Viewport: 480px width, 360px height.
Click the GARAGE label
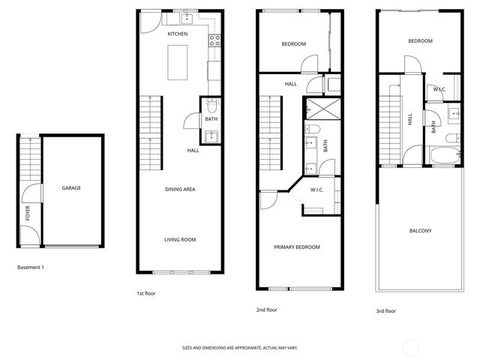(x=71, y=188)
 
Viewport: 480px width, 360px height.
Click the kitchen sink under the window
(x=187, y=19)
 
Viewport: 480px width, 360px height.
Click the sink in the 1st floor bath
(x=211, y=136)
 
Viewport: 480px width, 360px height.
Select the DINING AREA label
(x=180, y=189)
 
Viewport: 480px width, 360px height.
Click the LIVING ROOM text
(x=180, y=240)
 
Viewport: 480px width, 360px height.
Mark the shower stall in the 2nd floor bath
(x=315, y=112)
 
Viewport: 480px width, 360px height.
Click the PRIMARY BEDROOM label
(x=297, y=247)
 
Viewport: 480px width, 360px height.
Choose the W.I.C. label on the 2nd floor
(x=317, y=190)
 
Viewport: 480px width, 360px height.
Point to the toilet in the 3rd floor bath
(x=452, y=138)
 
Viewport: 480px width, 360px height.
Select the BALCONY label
(x=420, y=230)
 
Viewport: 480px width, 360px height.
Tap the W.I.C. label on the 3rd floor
(x=439, y=89)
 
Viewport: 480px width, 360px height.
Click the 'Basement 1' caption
(x=30, y=267)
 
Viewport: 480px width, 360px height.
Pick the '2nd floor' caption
(x=267, y=309)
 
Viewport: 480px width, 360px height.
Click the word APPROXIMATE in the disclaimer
(x=245, y=348)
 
